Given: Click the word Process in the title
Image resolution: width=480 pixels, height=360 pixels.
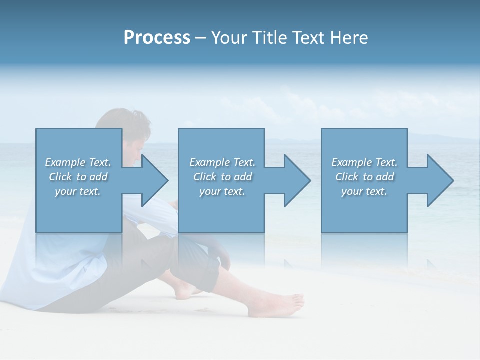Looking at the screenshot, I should [x=157, y=38].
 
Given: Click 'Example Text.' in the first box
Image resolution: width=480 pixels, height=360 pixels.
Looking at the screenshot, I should [x=78, y=162].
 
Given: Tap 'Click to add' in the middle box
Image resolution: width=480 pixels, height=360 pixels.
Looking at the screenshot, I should [x=222, y=177].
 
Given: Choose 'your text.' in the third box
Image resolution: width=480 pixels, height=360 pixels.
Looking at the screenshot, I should [x=364, y=191].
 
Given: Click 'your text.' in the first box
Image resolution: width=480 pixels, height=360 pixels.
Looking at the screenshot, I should [x=78, y=191].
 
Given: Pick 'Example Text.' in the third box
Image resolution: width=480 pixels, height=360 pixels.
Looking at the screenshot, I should [x=364, y=162].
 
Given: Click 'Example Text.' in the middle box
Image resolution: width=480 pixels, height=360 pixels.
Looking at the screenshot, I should [x=222, y=162].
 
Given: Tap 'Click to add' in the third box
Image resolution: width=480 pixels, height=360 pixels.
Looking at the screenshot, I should [x=364, y=177].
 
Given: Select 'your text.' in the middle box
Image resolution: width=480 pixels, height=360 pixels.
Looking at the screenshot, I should [x=222, y=191].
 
